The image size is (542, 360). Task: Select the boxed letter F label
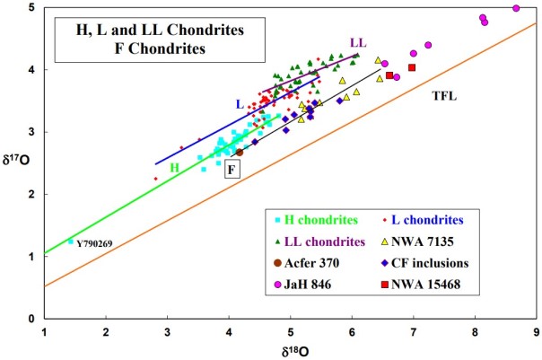click(x=232, y=168)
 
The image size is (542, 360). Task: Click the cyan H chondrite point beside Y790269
click(x=71, y=241)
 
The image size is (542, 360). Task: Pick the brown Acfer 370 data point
click(x=240, y=153)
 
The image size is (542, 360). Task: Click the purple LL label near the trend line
click(x=358, y=42)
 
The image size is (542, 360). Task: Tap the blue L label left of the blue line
click(x=240, y=104)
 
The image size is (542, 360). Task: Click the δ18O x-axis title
click(x=289, y=349)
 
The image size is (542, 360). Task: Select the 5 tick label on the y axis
click(x=31, y=8)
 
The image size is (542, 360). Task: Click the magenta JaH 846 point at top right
click(x=516, y=8)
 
